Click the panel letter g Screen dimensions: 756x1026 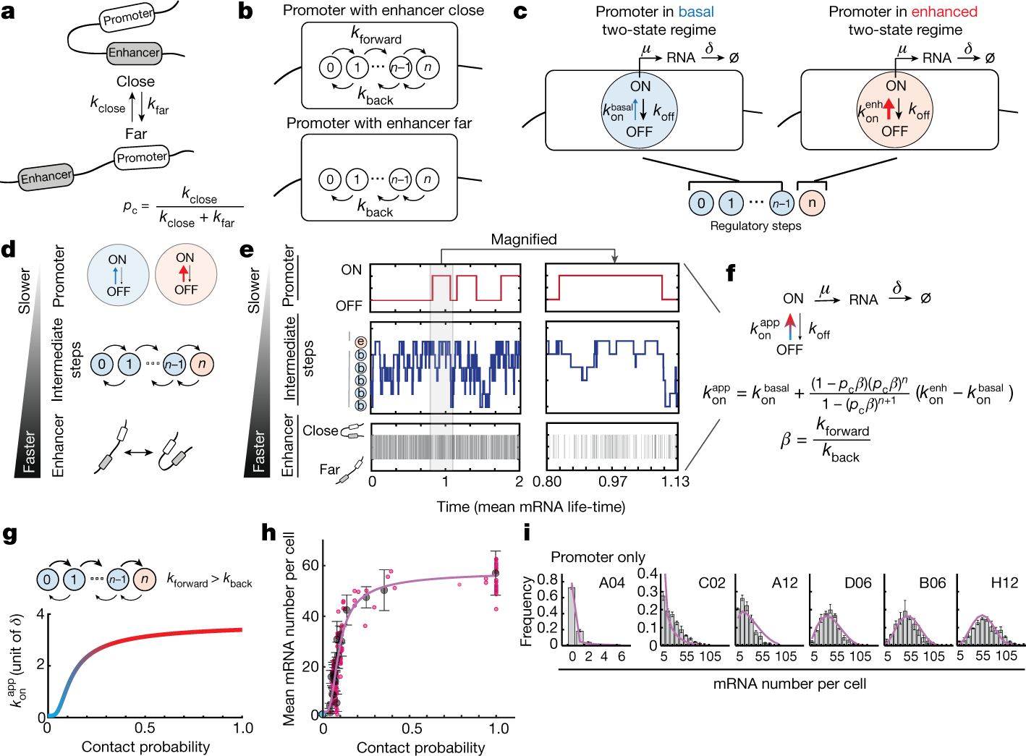pos(9,535)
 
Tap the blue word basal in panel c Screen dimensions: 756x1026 pos(695,12)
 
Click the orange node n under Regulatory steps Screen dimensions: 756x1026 pos(812,203)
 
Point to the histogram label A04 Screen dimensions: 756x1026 pos(611,583)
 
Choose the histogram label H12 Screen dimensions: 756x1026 pos(1004,583)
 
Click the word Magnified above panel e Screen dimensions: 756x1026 pos(524,239)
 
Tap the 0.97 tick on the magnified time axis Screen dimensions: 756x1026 pos(613,482)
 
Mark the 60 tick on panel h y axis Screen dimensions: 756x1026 pos(310,565)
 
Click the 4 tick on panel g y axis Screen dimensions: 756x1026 pos(41,615)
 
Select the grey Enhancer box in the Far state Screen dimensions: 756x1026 pos(46,177)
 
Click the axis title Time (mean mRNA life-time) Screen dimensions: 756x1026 pos(530,506)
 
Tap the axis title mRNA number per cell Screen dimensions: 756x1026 pos(789,684)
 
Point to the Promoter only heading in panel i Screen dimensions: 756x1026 pos(598,557)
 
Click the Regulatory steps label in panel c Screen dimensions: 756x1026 pos(755,226)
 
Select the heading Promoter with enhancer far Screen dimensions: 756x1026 pos(379,123)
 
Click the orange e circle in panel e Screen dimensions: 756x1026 pos(360,342)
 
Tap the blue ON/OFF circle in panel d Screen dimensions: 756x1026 pos(118,275)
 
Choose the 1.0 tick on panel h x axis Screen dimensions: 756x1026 pos(499,729)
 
